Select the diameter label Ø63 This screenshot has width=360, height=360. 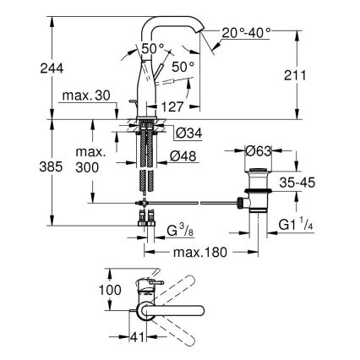point(258,153)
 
